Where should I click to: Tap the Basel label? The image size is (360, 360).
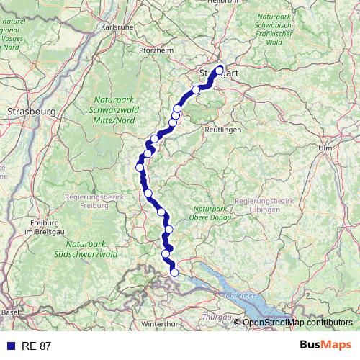tap(10, 312)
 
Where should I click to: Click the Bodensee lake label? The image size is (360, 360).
tap(240, 295)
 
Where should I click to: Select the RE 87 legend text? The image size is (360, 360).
tap(35, 346)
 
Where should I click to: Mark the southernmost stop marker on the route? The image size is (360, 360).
tap(174, 272)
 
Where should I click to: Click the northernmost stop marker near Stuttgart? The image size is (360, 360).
tap(220, 70)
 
